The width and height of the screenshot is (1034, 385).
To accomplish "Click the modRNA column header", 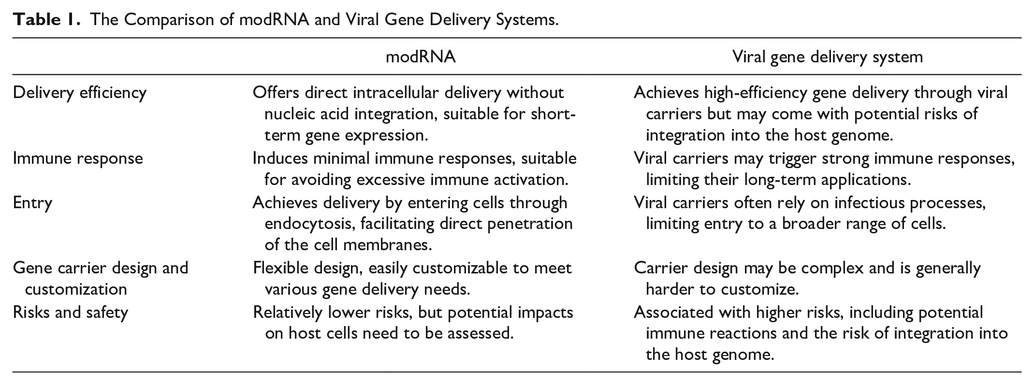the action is tap(420, 57).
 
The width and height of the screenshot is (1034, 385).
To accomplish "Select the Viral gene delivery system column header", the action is tap(827, 57).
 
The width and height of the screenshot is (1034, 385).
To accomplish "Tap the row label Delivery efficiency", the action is tap(80, 92).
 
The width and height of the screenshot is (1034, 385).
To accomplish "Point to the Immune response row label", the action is tap(78, 158).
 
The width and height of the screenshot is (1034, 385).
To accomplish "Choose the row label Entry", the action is tap(32, 202).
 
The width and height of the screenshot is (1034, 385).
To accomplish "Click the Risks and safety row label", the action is tap(71, 312).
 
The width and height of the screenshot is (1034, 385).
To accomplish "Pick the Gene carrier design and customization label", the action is tap(101, 278).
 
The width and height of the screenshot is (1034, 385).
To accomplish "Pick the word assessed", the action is tap(477, 334).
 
